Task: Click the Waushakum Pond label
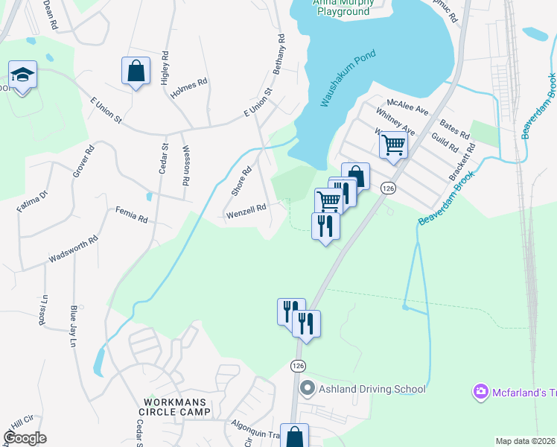point(348,78)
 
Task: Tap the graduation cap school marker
point(23,74)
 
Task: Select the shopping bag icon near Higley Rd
point(136,71)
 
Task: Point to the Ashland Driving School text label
point(372,389)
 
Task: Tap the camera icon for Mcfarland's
point(480,391)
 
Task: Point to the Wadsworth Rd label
point(74,250)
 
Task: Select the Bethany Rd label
point(280,53)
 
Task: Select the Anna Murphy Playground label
point(343,7)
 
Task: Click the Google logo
point(25,438)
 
